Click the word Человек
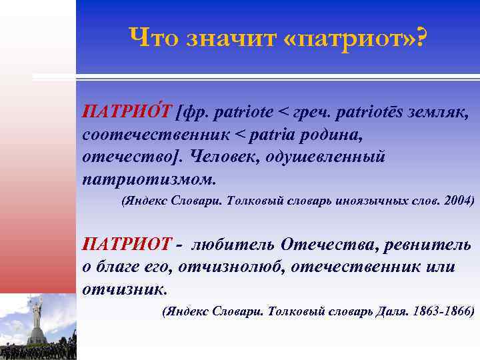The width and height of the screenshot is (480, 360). pos(227,157)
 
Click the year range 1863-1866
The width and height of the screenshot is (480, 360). pos(443,311)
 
